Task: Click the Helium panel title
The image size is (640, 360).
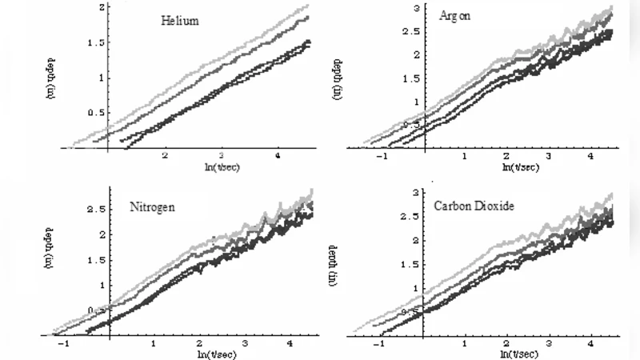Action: coord(180,22)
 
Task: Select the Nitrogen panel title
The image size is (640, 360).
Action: coord(154,206)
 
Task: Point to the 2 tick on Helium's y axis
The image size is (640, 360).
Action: coord(102,7)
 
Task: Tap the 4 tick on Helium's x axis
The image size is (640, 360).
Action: coord(278,156)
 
